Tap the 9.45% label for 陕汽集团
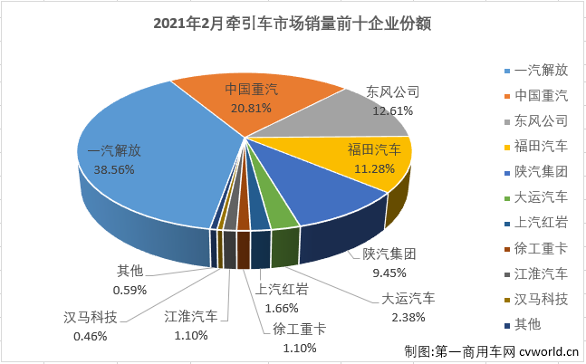coord(374,272)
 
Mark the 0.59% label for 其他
coord(130,291)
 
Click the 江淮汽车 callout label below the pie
coord(192,318)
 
